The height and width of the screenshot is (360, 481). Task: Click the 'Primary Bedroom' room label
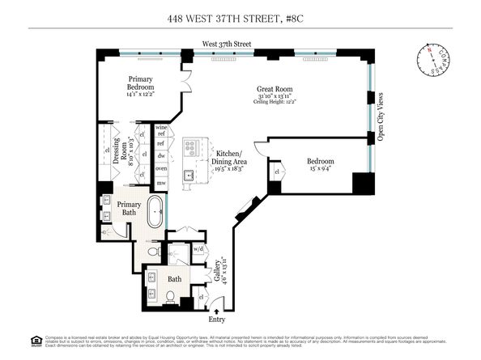[141, 83]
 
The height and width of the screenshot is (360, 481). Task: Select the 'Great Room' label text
[275, 90]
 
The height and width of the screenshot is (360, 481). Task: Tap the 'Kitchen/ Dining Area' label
[231, 157]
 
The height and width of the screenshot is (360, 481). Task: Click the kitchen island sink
[189, 174]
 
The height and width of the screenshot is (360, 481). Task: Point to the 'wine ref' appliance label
[160, 131]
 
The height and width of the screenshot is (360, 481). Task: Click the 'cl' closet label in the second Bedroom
[278, 172]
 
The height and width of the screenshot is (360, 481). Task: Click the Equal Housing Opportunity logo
[11, 338]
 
